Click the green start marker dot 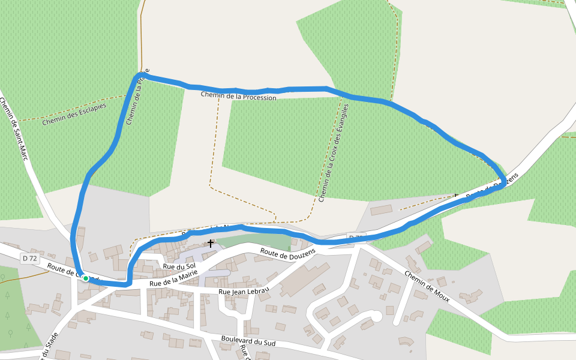pyautogui.click(x=86, y=278)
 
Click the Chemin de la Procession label pyautogui.click(x=238, y=96)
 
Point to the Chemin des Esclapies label pyautogui.click(x=74, y=114)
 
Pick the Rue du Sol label pyautogui.click(x=179, y=266)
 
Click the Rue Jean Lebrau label pyautogui.click(x=244, y=292)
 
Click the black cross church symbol pyautogui.click(x=211, y=243)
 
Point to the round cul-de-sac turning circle pyautogui.click(x=376, y=316)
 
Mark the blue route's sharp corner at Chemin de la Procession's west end pyautogui.click(x=139, y=75)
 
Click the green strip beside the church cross pyautogui.click(x=252, y=242)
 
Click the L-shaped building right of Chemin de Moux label pyautogui.click(x=469, y=297)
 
